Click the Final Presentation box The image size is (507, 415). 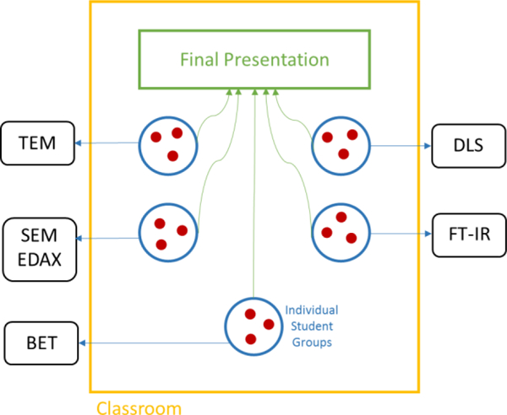click(x=253, y=60)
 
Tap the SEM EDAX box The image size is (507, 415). click(x=40, y=247)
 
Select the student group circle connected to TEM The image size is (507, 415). click(x=165, y=143)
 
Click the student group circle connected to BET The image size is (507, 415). click(x=252, y=326)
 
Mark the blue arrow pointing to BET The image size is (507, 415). click(x=152, y=342)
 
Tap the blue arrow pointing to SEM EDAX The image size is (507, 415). click(x=108, y=238)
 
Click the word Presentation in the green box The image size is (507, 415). click(x=284, y=60)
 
